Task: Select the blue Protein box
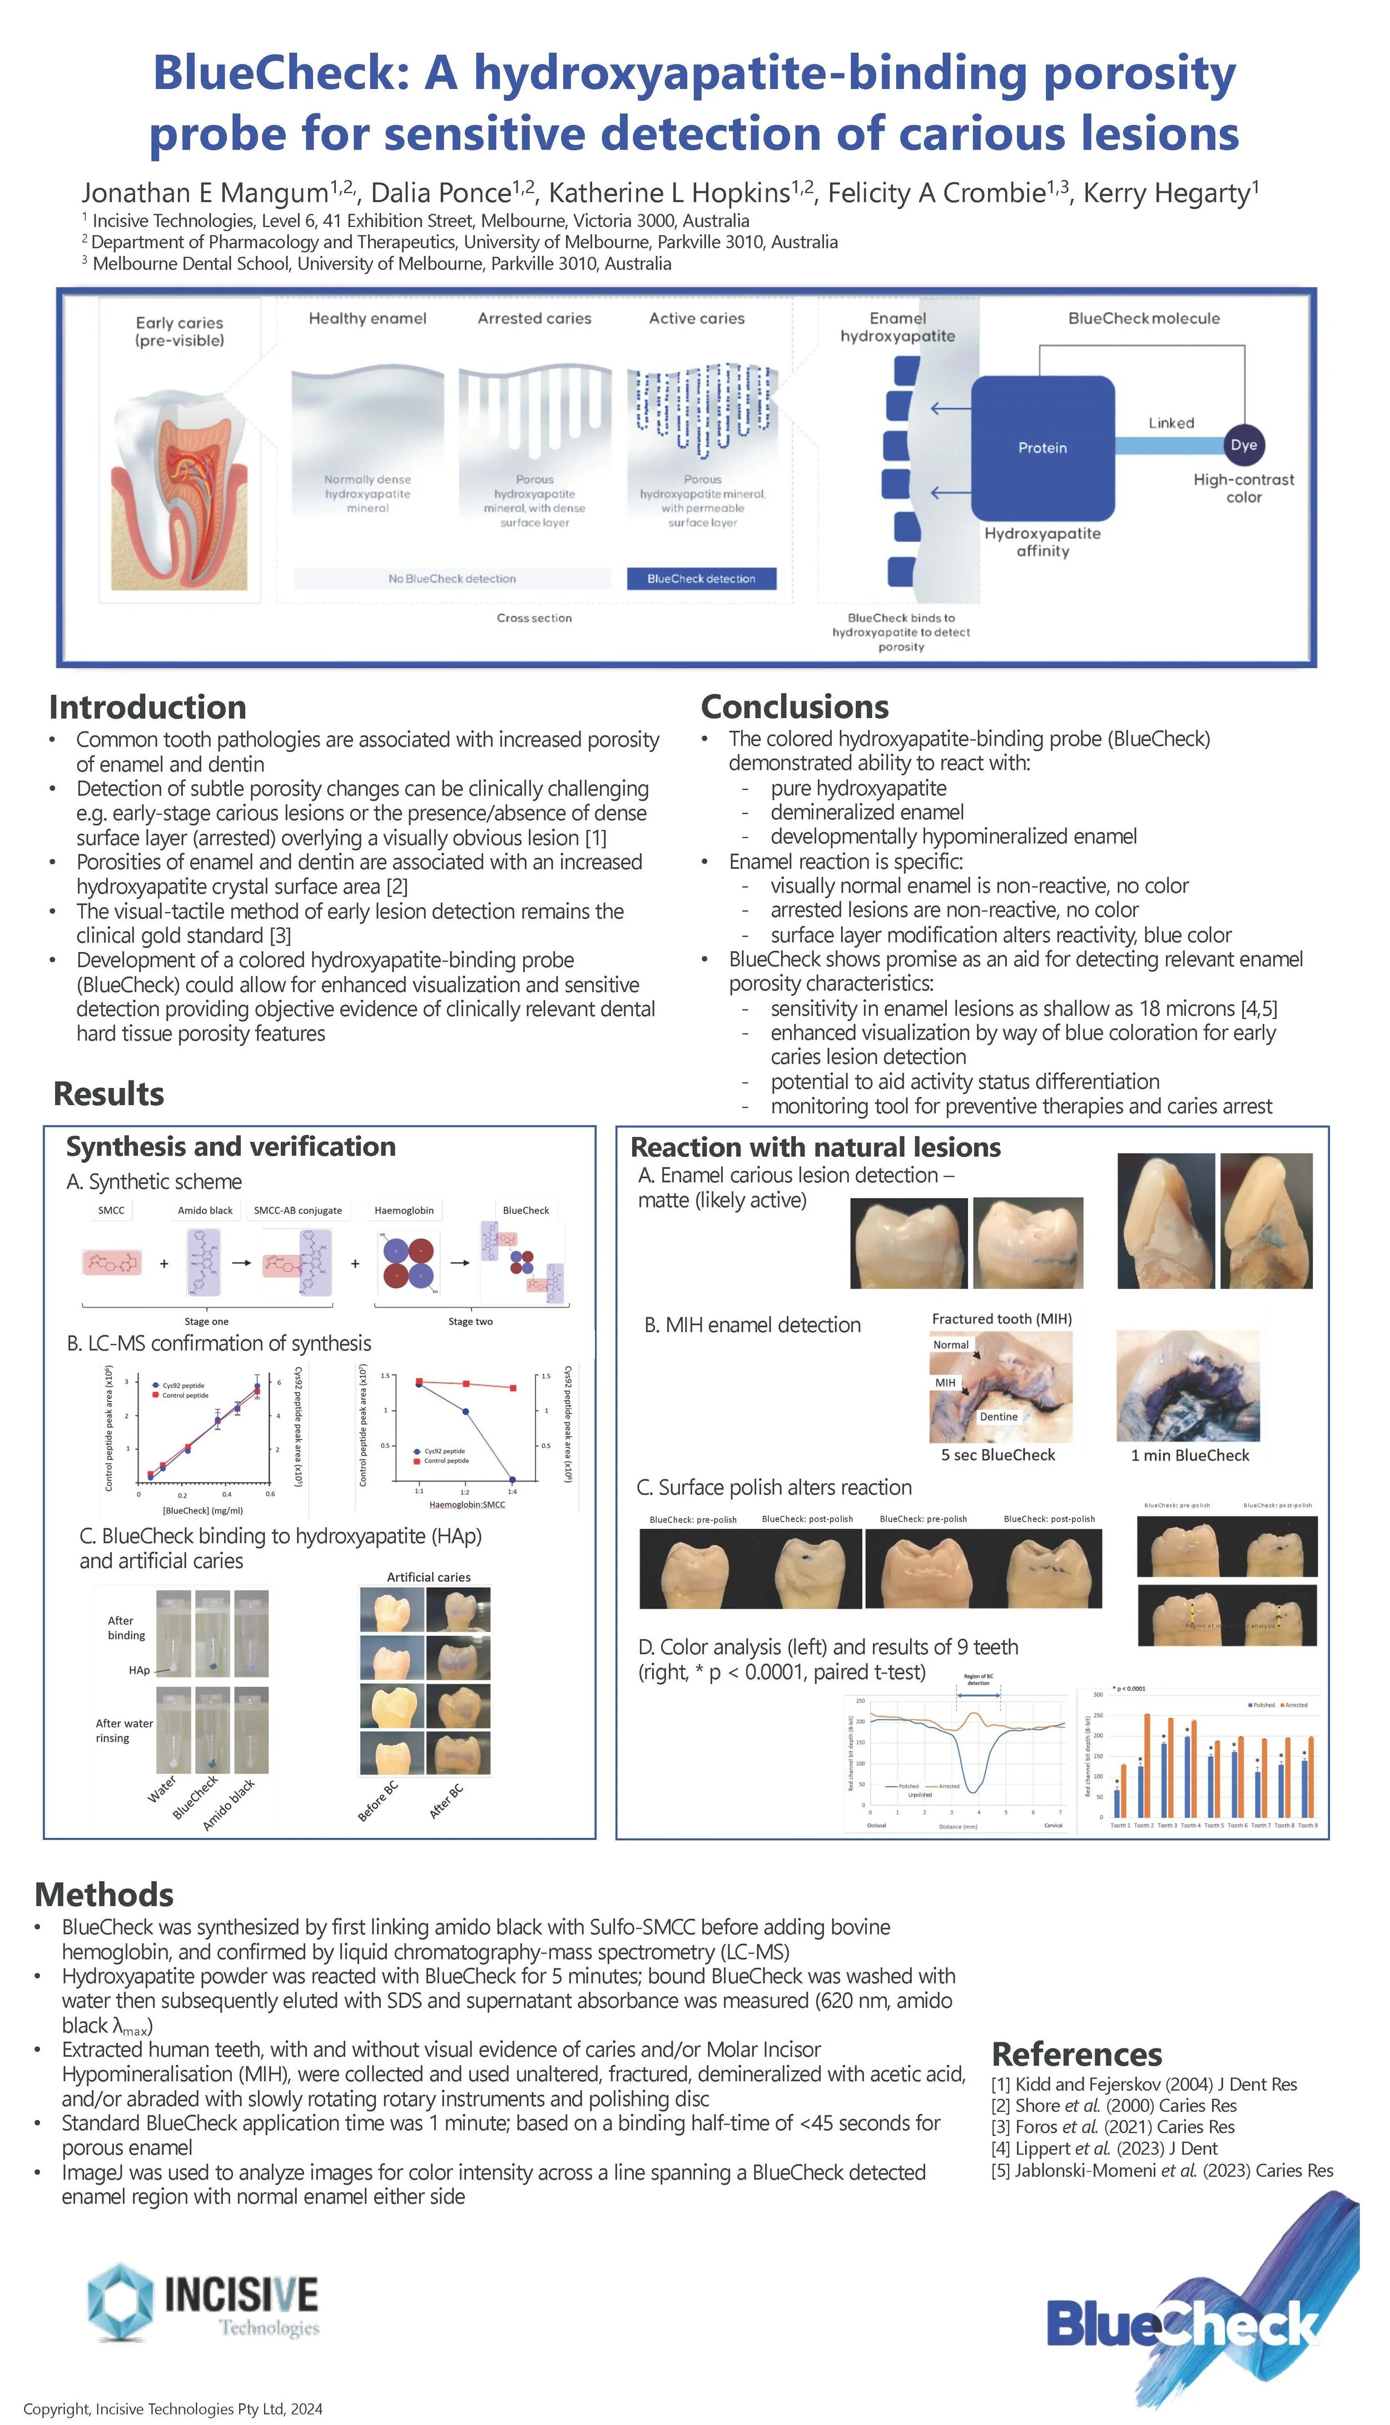click(x=1042, y=448)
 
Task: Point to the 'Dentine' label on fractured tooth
click(x=999, y=1417)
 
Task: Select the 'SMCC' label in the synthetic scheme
click(x=112, y=1211)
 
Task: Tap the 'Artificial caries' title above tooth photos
click(x=429, y=1577)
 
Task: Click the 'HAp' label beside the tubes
click(x=140, y=1671)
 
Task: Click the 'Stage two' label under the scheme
click(x=470, y=1322)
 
